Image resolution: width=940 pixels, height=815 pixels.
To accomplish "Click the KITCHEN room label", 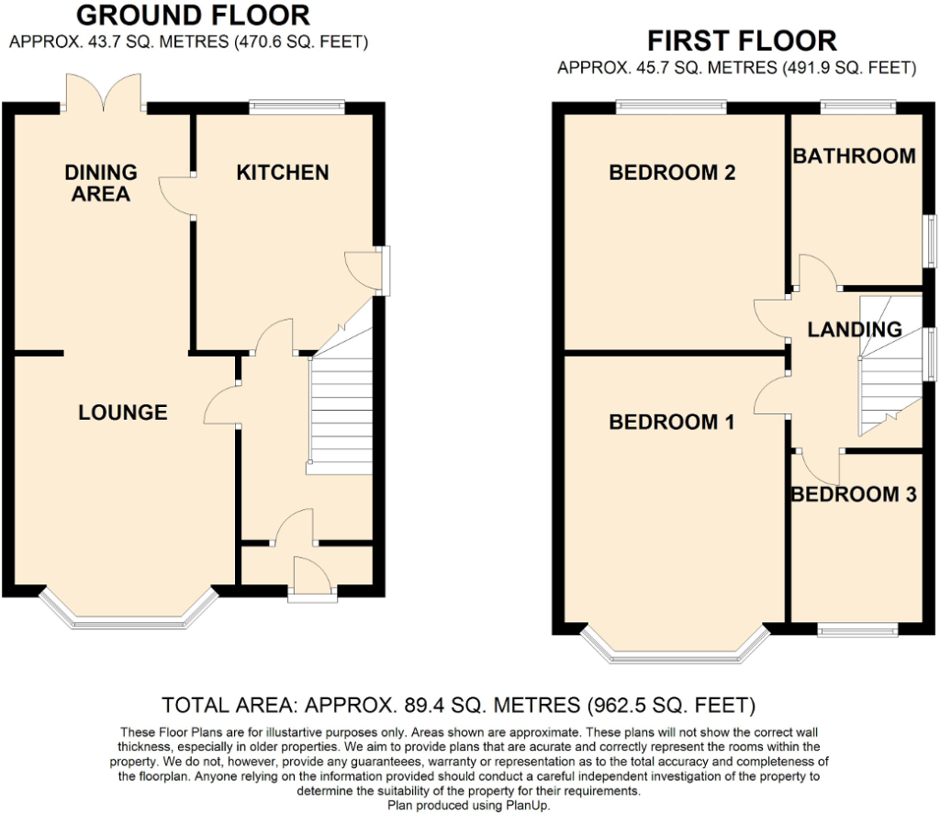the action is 283,173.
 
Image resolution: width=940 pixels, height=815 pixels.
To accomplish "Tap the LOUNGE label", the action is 123,413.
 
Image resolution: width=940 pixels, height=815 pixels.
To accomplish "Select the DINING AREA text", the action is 101,183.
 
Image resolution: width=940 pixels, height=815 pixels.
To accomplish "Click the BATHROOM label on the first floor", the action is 855,156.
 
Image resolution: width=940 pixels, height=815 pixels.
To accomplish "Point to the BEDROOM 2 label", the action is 672,173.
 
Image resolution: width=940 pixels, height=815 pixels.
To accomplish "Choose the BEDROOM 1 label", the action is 671,422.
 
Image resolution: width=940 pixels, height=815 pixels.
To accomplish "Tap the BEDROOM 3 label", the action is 855,494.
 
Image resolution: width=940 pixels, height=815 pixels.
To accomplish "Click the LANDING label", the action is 855,330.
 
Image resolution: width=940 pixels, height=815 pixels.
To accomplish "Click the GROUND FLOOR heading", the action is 193,16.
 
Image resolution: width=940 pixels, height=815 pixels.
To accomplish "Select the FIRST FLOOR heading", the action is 742,41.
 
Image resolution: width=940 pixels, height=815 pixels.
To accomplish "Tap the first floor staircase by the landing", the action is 890,366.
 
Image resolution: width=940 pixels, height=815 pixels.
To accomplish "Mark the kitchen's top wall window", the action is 297,108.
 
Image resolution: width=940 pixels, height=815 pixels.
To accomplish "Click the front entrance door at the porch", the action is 312,579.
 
